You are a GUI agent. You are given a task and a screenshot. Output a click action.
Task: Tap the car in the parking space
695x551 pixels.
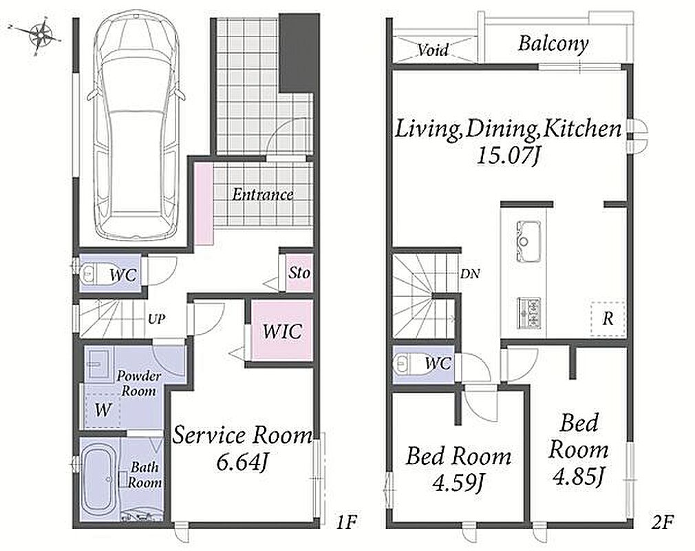[x=136, y=129]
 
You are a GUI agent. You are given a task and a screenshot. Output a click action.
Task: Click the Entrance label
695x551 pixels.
[x=263, y=194]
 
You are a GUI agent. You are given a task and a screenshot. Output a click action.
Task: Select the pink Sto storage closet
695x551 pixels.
[x=299, y=272]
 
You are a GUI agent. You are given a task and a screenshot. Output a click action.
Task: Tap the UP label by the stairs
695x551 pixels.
[x=156, y=319]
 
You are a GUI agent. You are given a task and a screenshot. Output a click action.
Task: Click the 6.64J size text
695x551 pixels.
[x=242, y=463]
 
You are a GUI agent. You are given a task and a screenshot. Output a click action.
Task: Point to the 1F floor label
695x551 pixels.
[x=345, y=523]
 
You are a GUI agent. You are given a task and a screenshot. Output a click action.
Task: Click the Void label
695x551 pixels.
[x=433, y=50]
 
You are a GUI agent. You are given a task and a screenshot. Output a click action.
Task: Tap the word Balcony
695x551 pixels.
[x=553, y=44]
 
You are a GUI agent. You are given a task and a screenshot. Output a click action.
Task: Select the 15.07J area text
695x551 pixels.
[x=508, y=156]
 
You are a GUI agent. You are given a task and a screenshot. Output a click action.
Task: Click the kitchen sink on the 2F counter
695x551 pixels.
[x=528, y=241]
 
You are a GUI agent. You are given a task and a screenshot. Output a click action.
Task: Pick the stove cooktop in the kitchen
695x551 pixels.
[x=528, y=313]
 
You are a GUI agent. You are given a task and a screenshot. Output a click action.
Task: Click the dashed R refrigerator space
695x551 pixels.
[x=608, y=319]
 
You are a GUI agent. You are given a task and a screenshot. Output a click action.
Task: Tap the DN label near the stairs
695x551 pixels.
[x=470, y=274]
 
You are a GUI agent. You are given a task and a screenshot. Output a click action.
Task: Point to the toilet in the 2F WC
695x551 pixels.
[x=403, y=364]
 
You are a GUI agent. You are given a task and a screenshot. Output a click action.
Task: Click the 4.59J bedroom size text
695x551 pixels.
[x=457, y=483]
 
